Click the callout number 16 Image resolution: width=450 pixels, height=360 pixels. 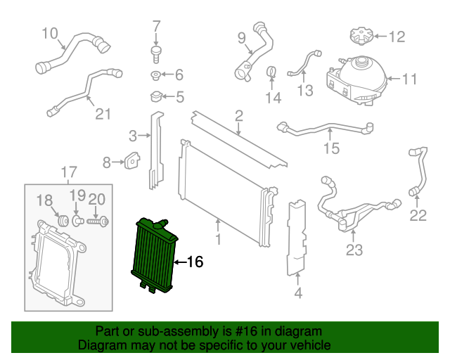coord(195,262)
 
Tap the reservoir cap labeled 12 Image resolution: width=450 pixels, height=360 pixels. coord(359,34)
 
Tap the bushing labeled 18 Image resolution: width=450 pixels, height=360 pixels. coord(61,220)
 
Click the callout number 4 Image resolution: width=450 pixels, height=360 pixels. coord(298,292)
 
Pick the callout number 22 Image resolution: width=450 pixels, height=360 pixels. coord(418,215)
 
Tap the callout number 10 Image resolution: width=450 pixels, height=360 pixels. coord(50,32)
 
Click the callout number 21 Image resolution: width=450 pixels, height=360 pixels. coord(103,113)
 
